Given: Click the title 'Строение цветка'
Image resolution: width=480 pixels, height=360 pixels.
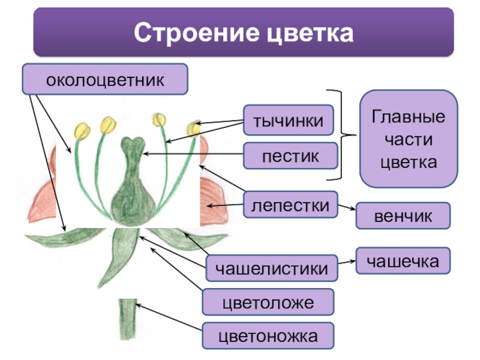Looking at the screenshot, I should (x=244, y=32).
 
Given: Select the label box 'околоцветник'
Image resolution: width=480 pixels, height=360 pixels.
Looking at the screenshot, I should (x=105, y=80).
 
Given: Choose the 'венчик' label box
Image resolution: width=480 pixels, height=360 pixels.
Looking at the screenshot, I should (x=403, y=215).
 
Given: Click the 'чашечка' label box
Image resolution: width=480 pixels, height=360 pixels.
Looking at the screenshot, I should (x=403, y=260).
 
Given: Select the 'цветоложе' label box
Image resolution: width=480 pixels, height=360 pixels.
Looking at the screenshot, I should (x=268, y=302).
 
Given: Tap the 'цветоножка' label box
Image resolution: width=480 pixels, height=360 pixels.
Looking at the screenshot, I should (x=268, y=336).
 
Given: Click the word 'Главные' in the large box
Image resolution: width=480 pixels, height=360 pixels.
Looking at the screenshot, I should (x=409, y=116).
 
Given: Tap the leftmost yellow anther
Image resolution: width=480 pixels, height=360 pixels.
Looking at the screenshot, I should (x=82, y=130).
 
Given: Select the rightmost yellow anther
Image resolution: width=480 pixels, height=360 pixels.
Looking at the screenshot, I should (x=193, y=128).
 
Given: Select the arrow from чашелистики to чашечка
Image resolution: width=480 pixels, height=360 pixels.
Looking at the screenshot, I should (x=347, y=262).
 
